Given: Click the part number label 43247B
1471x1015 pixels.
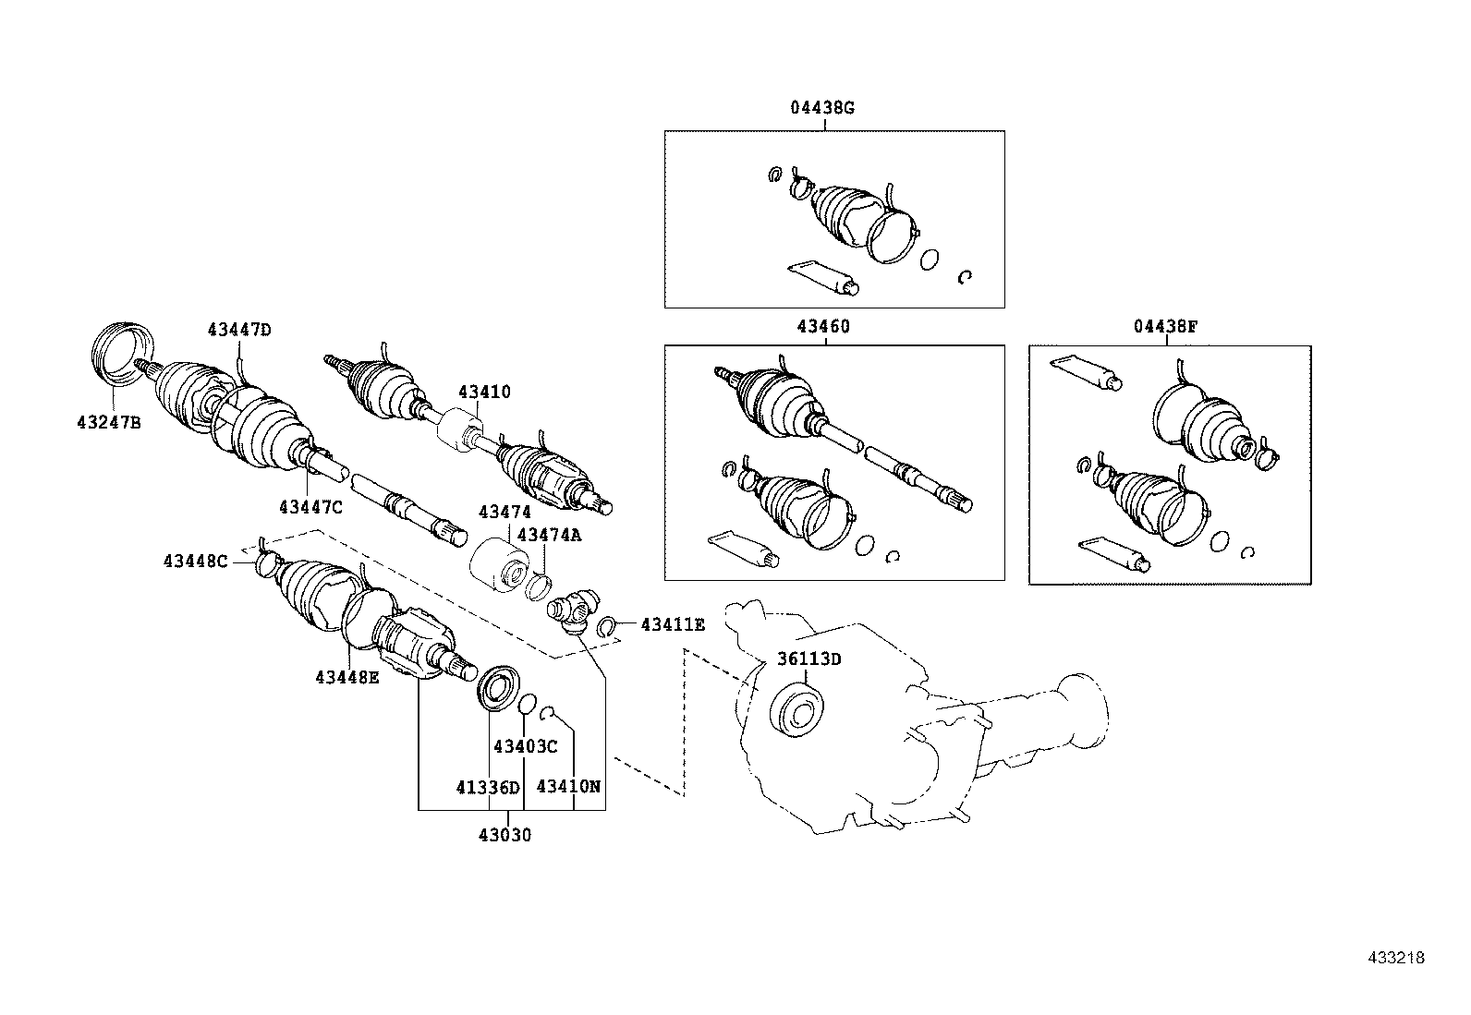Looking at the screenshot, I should tap(108, 423).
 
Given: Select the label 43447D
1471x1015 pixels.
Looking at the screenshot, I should tap(239, 330).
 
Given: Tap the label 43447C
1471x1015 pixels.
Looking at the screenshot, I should tap(310, 506).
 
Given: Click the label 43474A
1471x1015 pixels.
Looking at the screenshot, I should tap(549, 534).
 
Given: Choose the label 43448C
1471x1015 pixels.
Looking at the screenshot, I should tap(195, 561).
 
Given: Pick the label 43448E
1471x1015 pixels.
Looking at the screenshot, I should tap(346, 676).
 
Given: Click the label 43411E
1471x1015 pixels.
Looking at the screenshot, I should tap(673, 625).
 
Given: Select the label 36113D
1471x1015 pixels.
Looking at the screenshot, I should tap(808, 659).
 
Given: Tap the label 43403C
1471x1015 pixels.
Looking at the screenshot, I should tap(526, 745).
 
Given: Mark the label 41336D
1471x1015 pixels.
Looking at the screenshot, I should tap(487, 787).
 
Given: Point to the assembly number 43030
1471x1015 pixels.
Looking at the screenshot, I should tap(505, 835).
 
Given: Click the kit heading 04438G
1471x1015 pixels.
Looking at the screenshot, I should tap(821, 107).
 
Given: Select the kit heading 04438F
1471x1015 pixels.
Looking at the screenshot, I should tap(1165, 326).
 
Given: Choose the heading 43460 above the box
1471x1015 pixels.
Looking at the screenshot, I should tap(822, 326).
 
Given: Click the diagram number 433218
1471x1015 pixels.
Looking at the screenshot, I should tap(1396, 958).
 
